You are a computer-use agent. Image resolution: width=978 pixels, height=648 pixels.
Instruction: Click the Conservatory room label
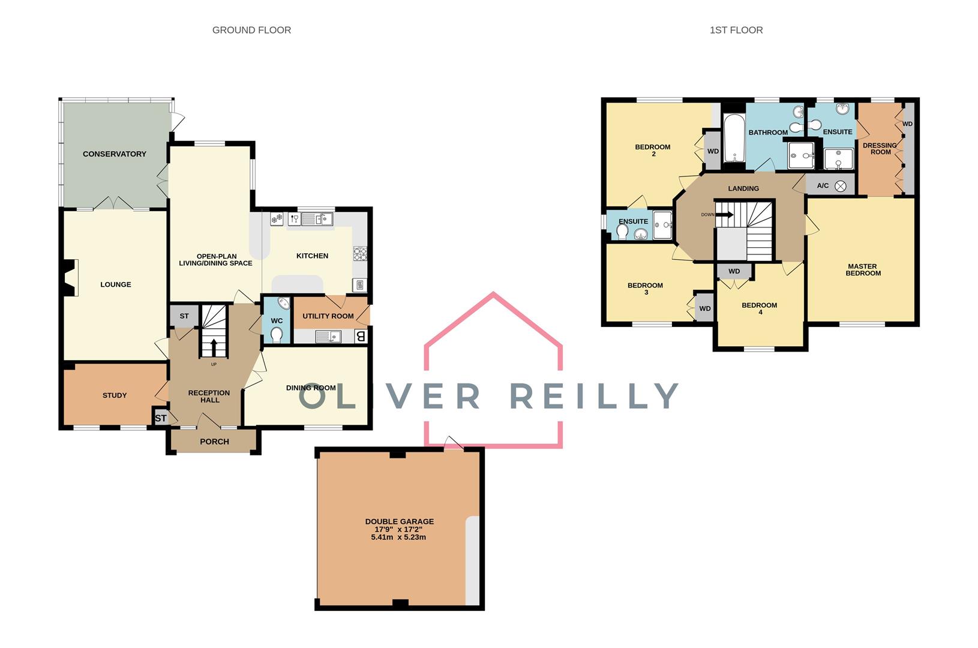[115, 154]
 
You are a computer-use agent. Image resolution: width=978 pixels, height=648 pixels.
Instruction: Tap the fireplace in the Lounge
[71, 277]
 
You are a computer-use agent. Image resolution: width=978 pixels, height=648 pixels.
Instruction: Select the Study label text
[115, 395]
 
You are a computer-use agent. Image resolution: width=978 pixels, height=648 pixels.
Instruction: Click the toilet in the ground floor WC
[277, 335]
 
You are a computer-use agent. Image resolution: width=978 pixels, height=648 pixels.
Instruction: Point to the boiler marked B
[361, 337]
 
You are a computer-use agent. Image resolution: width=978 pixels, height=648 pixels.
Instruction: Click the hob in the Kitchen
[360, 254]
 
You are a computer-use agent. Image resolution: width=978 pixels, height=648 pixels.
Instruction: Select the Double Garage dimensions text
[399, 533]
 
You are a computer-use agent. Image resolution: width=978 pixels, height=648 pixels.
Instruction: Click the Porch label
[214, 442]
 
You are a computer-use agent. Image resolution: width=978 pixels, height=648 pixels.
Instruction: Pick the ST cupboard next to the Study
[161, 418]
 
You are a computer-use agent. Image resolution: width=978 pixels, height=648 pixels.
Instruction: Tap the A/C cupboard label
[823, 186]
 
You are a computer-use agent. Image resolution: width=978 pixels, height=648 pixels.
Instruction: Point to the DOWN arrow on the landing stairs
[724, 214]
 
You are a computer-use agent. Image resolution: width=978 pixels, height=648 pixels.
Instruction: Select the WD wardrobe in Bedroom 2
[713, 151]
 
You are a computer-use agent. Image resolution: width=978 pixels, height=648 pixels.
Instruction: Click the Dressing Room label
[880, 148]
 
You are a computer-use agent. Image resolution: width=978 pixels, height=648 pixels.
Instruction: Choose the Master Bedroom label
[863, 269]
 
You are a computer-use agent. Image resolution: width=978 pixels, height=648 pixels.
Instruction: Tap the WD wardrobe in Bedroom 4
[734, 272]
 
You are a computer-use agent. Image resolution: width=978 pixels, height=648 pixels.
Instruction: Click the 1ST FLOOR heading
[736, 30]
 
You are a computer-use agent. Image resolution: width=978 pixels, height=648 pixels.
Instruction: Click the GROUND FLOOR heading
[251, 30]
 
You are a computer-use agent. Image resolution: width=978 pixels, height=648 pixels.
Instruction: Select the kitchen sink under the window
[316, 220]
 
